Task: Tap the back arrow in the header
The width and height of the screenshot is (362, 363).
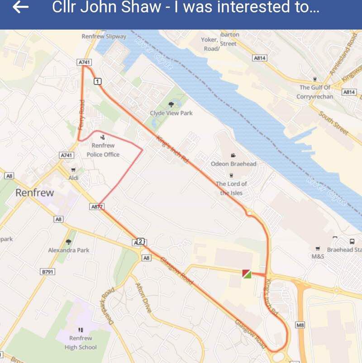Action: coord(21,8)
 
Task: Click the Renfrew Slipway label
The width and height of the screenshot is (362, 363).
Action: coord(104,36)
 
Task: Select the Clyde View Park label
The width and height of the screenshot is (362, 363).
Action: coord(171,113)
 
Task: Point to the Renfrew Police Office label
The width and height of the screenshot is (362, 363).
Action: coord(103,150)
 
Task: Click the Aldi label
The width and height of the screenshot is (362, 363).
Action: coord(73,178)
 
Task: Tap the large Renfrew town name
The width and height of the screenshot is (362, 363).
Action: coord(34,193)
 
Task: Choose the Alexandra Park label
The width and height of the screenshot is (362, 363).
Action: coord(69,250)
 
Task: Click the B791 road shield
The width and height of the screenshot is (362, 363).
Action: coord(48,271)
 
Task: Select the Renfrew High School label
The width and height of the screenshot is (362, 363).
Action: coord(81,343)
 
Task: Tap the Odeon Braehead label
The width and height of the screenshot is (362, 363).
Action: coord(233,164)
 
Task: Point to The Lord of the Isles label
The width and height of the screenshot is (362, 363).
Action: coord(231,188)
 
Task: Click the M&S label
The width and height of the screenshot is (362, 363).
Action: coord(318,256)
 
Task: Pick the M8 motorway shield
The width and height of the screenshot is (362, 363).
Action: coord(300,325)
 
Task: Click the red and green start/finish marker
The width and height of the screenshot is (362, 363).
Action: coord(247,273)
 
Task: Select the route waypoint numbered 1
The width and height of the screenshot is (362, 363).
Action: coord(98,81)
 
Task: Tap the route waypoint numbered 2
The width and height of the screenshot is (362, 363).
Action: coord(140,241)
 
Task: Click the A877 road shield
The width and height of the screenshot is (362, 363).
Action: coord(97,207)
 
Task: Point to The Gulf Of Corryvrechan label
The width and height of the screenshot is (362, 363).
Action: coord(315,92)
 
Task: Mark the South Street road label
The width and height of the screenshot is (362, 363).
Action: coord(333,123)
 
